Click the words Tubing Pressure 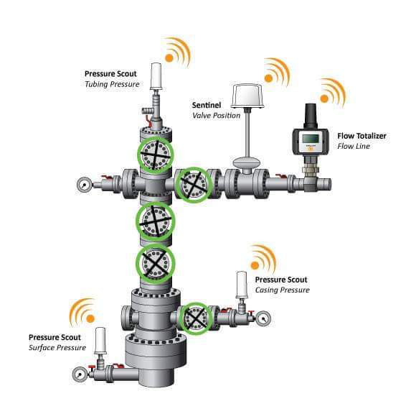pyautogui.click(x=112, y=85)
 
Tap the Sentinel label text pyautogui.click(x=207, y=105)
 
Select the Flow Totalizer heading pyautogui.click(x=362, y=136)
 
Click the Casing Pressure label pyautogui.click(x=282, y=290)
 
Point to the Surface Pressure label pyautogui.click(x=57, y=348)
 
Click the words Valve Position pyautogui.click(x=217, y=116)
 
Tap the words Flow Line pyautogui.click(x=354, y=147)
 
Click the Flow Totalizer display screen pyautogui.click(x=311, y=139)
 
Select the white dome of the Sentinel pyautogui.click(x=247, y=96)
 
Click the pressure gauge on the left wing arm pyautogui.click(x=84, y=185)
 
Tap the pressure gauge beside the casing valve pyautogui.click(x=263, y=318)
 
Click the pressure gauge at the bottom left pyautogui.click(x=80, y=374)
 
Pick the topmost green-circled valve pyautogui.click(x=156, y=155)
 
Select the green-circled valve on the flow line pyautogui.click(x=194, y=184)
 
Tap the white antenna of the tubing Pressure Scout pyautogui.click(x=156, y=77)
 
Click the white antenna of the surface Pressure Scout pyautogui.click(x=100, y=341)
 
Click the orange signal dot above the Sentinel pyautogui.click(x=268, y=78)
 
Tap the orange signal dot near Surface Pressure pyautogui.click(x=90, y=318)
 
